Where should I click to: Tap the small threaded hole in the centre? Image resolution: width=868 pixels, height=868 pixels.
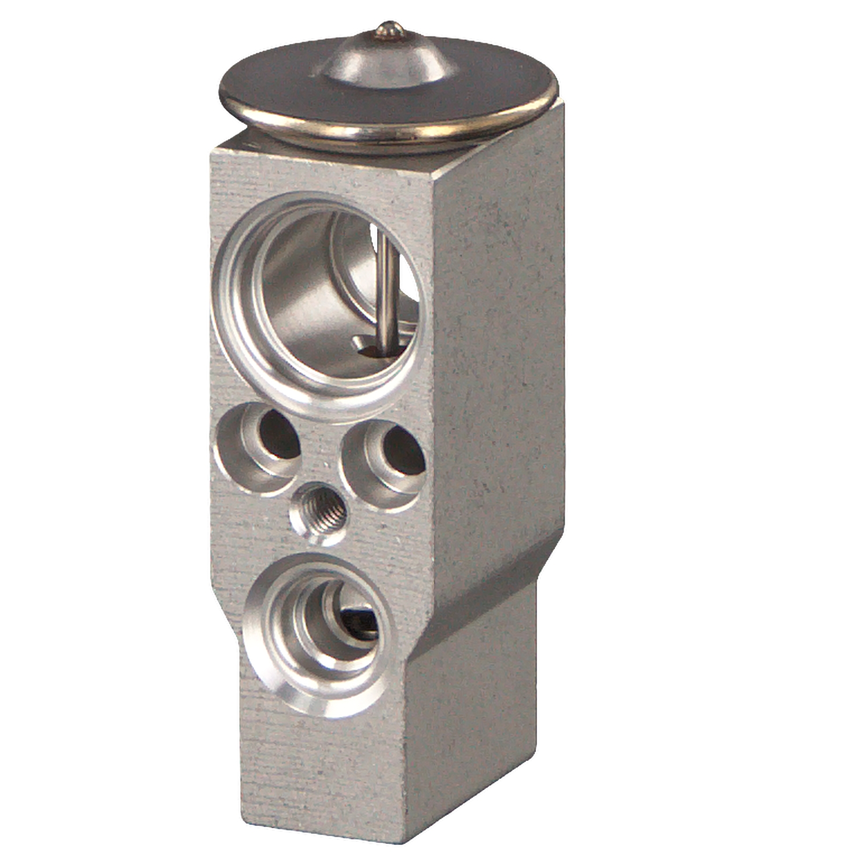(x=321, y=509)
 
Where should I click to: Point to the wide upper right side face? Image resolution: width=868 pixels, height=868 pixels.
(x=498, y=347)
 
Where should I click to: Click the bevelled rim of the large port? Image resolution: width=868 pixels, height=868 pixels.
(x=231, y=324)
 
